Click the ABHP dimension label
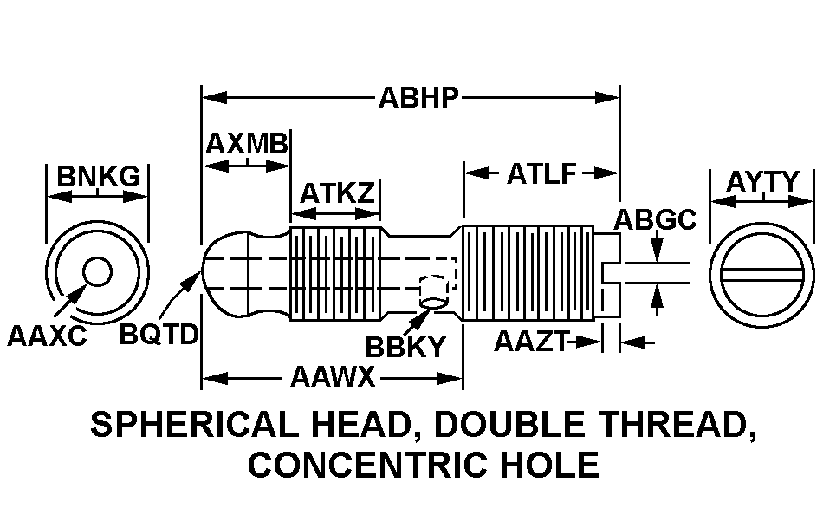[x=418, y=98]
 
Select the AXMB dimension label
[x=247, y=143]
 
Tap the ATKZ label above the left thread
[x=338, y=192]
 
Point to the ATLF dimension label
[x=541, y=174]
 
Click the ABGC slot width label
[x=655, y=219]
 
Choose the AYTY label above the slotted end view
[x=762, y=182]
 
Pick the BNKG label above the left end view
[x=99, y=176]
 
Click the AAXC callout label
[x=47, y=336]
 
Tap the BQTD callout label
[x=159, y=334]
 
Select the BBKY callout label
[x=405, y=347]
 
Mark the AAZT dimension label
[x=532, y=342]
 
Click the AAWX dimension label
[x=334, y=376]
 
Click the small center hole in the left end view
[x=97, y=272]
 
